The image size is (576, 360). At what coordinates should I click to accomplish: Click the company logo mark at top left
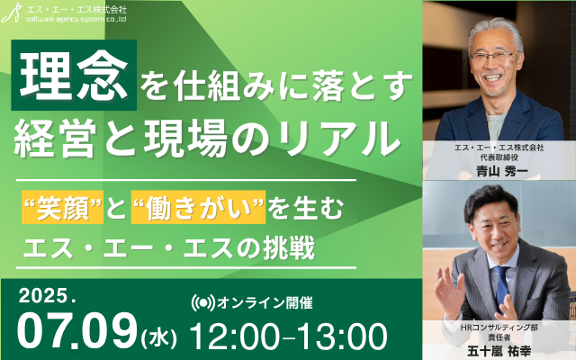click(11, 13)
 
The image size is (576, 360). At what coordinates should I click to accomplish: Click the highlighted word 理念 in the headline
click(74, 75)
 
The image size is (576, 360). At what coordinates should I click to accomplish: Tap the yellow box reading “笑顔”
click(62, 207)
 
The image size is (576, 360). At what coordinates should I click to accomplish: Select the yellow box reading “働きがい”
click(198, 207)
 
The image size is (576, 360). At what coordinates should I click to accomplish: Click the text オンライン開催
click(265, 303)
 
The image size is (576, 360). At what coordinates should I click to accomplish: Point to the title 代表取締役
click(499, 157)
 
